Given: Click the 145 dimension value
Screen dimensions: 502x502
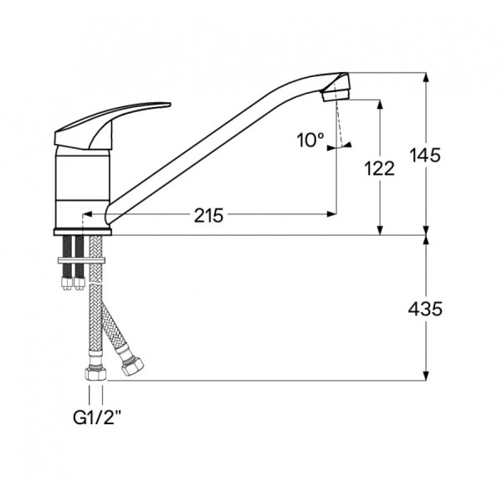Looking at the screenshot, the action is (x=425, y=156).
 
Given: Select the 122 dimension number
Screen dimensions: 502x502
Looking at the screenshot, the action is (x=379, y=169).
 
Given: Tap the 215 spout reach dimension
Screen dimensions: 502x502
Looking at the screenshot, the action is (x=208, y=216).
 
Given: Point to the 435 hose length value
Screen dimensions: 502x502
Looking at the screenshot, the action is (x=425, y=309).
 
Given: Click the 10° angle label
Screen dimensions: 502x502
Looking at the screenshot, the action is (x=310, y=141).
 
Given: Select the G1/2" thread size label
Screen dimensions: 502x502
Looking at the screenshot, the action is (x=97, y=417).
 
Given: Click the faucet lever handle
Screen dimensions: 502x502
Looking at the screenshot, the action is (x=112, y=125).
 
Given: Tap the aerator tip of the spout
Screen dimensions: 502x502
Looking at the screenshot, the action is (x=336, y=94).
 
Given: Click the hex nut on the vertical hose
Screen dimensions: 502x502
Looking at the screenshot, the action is (x=95, y=373).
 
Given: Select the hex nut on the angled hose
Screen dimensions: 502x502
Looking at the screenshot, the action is (x=132, y=366).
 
